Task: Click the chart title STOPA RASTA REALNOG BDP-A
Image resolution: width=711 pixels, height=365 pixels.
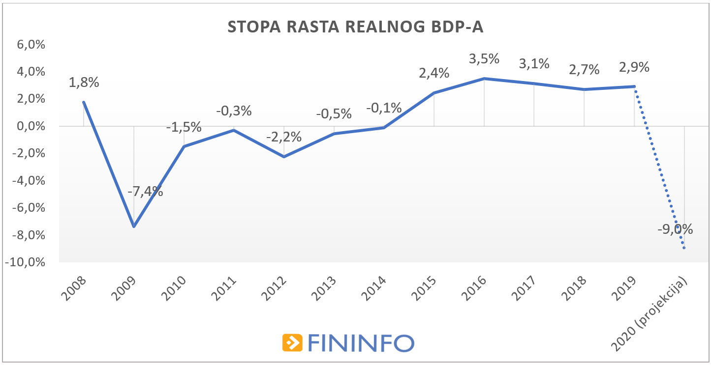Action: click(355, 27)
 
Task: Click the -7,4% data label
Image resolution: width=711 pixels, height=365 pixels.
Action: click(146, 191)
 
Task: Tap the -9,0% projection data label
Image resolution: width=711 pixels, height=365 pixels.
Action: click(675, 229)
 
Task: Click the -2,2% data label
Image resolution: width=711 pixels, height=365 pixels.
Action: click(284, 137)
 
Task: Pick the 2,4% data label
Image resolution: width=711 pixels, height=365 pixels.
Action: click(433, 73)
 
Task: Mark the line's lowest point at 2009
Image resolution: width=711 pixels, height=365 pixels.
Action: click(133, 226)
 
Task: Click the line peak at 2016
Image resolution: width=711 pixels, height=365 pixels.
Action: click(484, 79)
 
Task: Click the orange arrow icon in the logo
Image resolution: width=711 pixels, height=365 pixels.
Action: click(292, 342)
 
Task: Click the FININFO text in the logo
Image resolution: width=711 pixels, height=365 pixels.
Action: click(360, 343)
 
